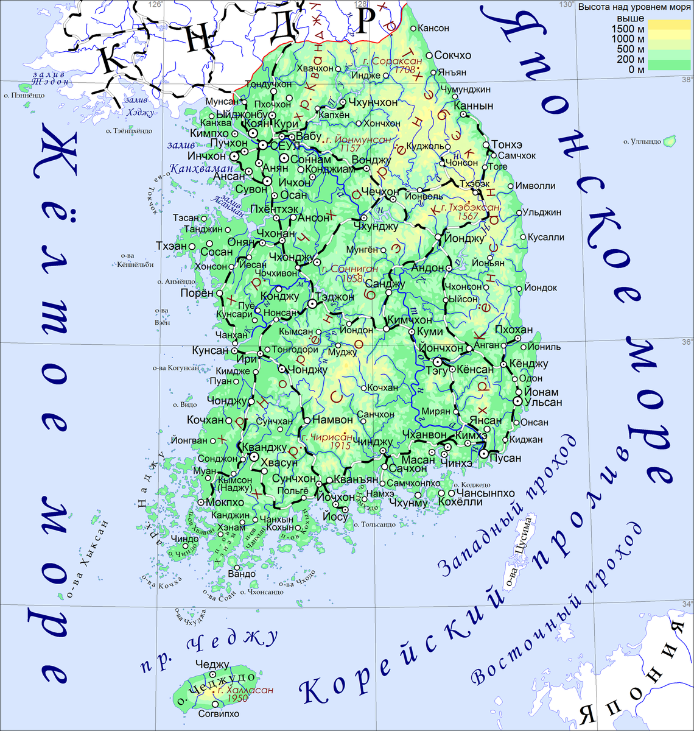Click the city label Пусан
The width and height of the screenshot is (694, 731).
[x=505, y=459]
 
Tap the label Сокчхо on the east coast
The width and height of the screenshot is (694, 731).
[x=454, y=55]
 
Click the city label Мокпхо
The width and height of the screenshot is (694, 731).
[x=225, y=503]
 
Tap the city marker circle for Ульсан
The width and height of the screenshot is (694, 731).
[x=517, y=401]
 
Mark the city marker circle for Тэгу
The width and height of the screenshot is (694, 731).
[x=437, y=362]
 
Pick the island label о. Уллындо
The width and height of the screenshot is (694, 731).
[x=642, y=142]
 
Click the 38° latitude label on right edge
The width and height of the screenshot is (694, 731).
[x=687, y=80]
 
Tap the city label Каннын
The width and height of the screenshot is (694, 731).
[x=477, y=106]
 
